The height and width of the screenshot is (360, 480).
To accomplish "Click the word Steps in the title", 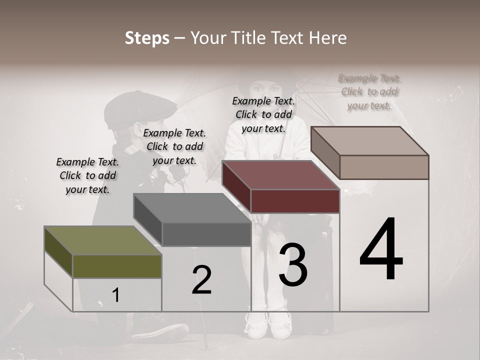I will pyautogui.click(x=147, y=38).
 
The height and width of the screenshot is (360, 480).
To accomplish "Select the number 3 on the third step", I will pyautogui.click(x=293, y=265).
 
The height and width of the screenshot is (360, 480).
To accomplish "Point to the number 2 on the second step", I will pyautogui.click(x=201, y=280).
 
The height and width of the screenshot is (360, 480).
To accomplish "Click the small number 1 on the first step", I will pyautogui.click(x=116, y=295).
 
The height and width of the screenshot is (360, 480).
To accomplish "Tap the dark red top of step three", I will pyautogui.click(x=280, y=175).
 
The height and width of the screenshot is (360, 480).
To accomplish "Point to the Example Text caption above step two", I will pyautogui.click(x=174, y=146).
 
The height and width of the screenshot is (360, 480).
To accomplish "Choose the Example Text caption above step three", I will pyautogui.click(x=263, y=114).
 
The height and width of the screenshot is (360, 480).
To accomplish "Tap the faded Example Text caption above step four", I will pyautogui.click(x=369, y=91).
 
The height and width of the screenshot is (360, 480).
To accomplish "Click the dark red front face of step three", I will pyautogui.click(x=295, y=201).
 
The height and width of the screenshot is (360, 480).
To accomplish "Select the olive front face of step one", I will pyautogui.click(x=117, y=266).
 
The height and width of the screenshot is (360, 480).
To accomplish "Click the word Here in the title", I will pyautogui.click(x=328, y=38).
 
